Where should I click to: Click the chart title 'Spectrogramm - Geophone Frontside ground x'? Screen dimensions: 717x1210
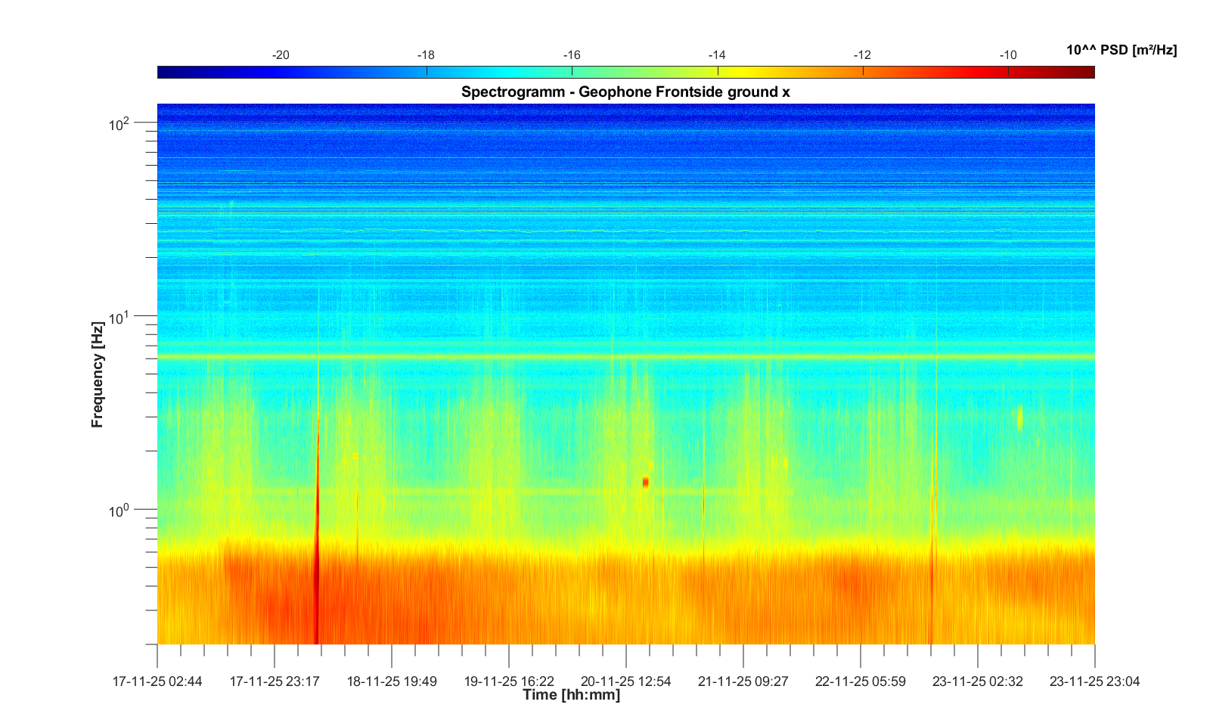pos(625,92)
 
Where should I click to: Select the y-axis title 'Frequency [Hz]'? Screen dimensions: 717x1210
pos(97,374)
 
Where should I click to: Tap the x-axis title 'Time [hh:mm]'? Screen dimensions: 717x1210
pos(571,694)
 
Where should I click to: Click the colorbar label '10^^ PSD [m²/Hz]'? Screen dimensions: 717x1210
pos(1122,50)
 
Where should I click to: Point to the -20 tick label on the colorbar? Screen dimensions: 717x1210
pos(281,55)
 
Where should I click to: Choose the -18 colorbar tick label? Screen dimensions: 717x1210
pos(426,55)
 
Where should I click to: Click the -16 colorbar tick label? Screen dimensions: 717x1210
pos(572,55)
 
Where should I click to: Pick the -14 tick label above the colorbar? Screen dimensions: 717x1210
pos(717,55)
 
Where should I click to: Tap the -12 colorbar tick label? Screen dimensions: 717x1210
pos(862,55)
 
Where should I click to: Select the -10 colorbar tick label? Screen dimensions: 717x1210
pos(1008,55)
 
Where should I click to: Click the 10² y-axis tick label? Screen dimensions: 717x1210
pos(119,123)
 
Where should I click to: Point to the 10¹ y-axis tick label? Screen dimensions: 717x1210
pos(119,317)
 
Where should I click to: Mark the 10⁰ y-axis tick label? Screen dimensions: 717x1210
pos(119,511)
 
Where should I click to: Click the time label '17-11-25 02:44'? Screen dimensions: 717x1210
pos(157,681)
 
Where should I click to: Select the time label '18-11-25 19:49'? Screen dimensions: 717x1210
pos(392,681)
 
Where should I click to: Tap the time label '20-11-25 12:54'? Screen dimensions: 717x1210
pos(625,681)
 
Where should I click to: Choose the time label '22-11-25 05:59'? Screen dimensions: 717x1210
pos(860,681)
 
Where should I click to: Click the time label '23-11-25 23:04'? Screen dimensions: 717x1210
pos(1094,681)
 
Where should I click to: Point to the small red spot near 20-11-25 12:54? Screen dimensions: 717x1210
pos(645,482)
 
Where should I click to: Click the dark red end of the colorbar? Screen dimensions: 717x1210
pos(1087,73)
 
